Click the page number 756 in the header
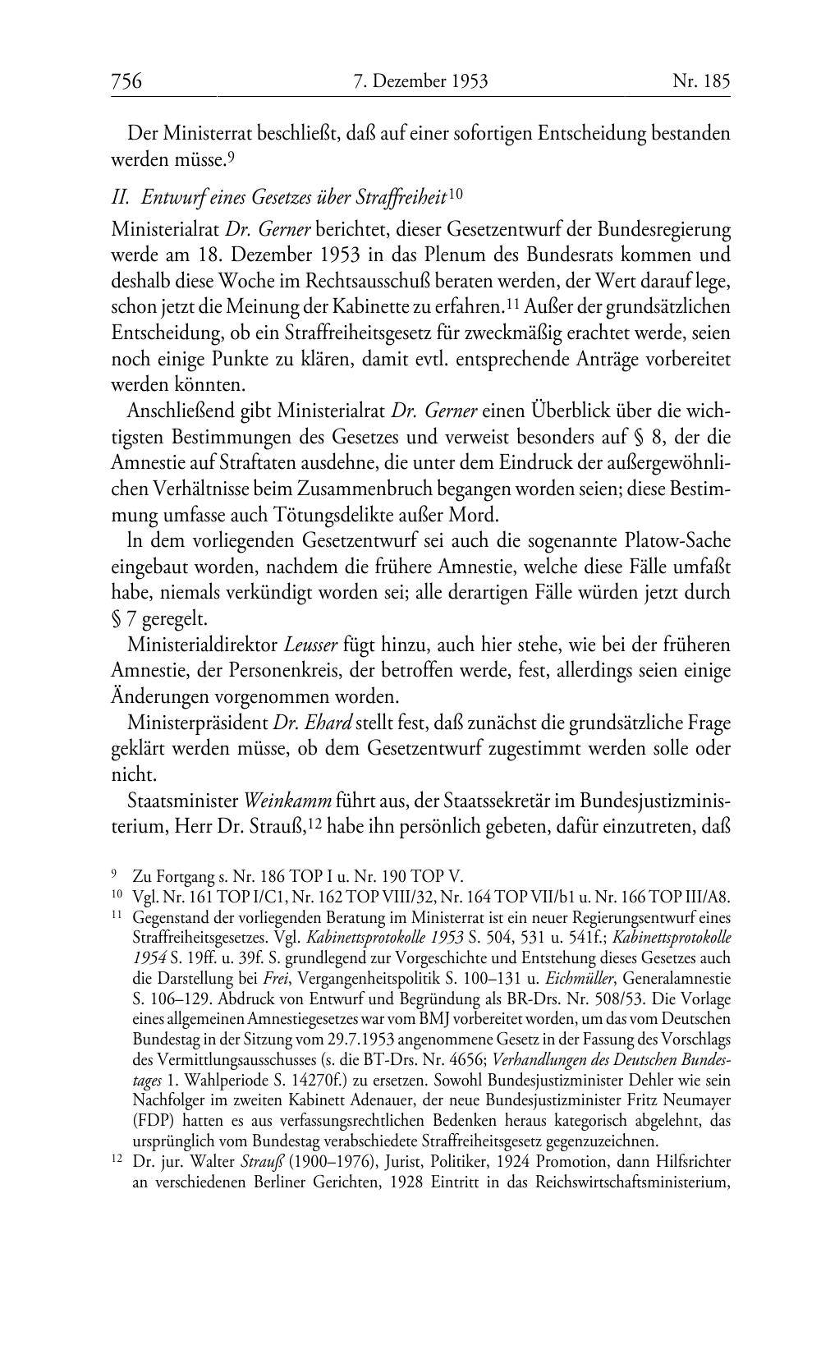(127, 81)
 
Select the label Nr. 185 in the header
(701, 81)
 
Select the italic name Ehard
(329, 723)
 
